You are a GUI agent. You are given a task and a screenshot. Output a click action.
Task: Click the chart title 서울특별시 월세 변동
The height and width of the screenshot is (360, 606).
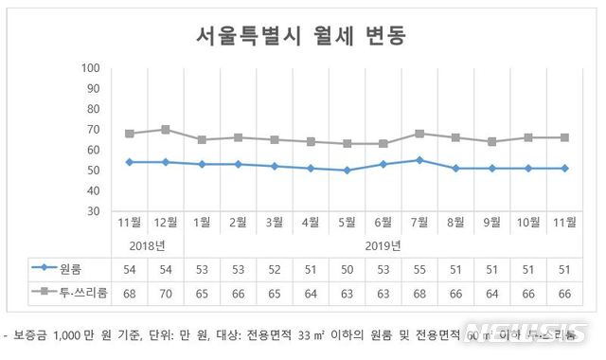(x=302, y=36)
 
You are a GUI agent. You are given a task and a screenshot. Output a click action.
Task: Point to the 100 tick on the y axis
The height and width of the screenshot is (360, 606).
(x=91, y=68)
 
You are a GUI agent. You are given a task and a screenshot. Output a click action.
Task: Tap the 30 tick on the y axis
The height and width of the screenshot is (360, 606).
(x=94, y=211)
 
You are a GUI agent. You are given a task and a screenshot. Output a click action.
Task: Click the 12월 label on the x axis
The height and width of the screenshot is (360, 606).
(x=166, y=224)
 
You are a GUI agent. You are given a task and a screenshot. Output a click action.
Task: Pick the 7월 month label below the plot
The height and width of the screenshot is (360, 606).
(x=419, y=224)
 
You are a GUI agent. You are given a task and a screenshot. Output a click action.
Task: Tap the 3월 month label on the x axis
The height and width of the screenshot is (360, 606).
(x=275, y=224)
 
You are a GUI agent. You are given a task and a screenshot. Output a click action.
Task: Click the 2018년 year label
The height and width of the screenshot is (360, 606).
(x=147, y=245)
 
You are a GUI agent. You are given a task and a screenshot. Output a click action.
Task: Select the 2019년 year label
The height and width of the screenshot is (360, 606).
(x=383, y=245)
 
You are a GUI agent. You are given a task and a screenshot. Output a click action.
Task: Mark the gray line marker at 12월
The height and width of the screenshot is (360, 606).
(x=166, y=129)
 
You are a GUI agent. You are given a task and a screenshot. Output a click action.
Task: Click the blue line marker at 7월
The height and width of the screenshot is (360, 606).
(x=419, y=160)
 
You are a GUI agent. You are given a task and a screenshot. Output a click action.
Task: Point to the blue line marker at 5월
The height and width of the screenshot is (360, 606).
(x=348, y=171)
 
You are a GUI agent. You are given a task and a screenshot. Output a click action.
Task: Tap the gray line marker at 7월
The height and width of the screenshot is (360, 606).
(x=419, y=134)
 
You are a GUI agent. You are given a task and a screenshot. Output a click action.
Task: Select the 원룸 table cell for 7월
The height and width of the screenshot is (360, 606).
(x=419, y=268)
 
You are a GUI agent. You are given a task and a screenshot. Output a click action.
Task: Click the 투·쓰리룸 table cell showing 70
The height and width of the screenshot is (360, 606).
(x=166, y=292)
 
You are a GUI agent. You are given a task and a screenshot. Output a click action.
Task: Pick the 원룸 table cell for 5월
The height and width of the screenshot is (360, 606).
(x=348, y=268)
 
